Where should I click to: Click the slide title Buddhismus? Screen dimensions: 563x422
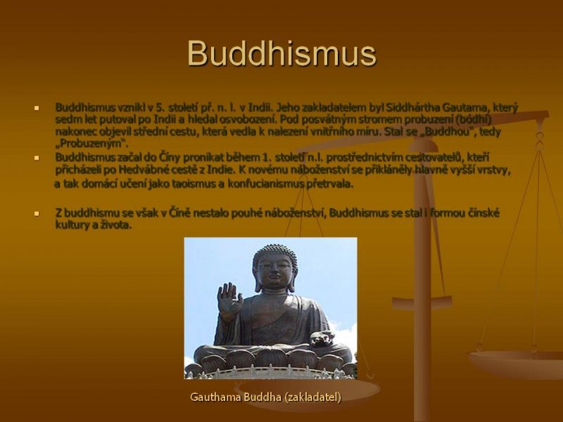click(x=281, y=53)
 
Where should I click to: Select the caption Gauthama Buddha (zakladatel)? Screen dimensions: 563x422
click(x=266, y=397)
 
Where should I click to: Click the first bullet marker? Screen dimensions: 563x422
click(x=37, y=108)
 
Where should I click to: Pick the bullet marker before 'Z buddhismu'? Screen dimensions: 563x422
click(x=37, y=214)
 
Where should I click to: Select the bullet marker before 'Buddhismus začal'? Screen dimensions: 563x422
click(x=37, y=158)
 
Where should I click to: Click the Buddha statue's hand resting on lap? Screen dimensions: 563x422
click(x=322, y=339)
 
